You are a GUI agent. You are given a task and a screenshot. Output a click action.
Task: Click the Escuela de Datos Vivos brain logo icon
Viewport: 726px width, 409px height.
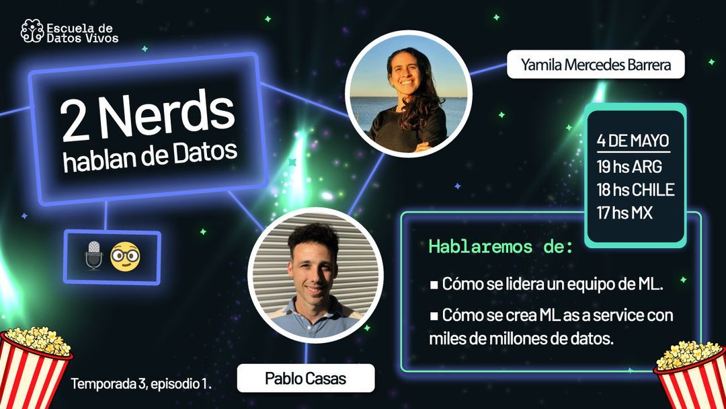pyautogui.click(x=32, y=32)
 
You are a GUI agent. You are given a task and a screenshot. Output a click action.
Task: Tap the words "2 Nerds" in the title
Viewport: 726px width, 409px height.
pyautogui.click(x=147, y=119)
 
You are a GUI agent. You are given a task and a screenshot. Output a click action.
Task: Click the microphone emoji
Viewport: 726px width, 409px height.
pyautogui.click(x=93, y=256)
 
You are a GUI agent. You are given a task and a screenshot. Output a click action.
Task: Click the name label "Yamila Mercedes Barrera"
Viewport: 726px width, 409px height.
pyautogui.click(x=596, y=65)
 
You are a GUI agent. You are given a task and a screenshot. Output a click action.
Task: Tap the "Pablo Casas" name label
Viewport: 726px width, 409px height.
pyautogui.click(x=305, y=378)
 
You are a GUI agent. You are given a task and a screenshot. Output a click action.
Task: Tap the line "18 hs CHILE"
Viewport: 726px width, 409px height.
pyautogui.click(x=635, y=190)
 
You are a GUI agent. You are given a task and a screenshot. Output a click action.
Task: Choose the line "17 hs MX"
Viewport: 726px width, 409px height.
pyautogui.click(x=624, y=213)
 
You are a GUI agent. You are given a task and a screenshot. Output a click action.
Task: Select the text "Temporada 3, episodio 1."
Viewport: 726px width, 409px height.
pyautogui.click(x=141, y=384)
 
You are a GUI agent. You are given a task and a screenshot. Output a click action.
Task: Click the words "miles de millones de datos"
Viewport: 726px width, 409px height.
pyautogui.click(x=522, y=338)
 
